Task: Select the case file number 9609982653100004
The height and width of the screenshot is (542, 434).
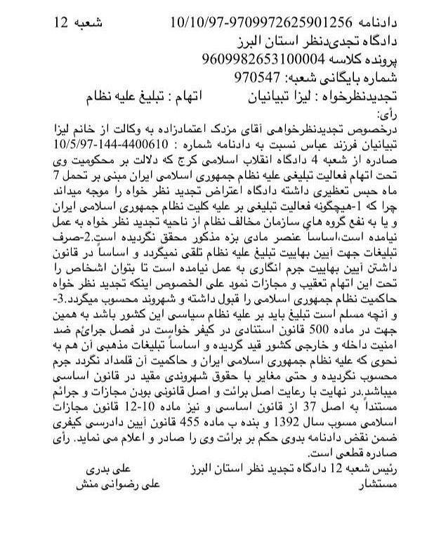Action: [262, 59]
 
